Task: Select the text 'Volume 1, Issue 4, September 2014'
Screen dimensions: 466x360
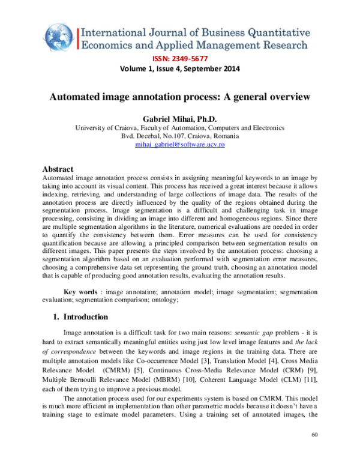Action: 180,68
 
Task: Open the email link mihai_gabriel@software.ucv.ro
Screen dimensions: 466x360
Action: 180,145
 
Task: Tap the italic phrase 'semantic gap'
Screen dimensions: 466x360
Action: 252,331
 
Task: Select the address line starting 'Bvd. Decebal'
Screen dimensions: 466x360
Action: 180,136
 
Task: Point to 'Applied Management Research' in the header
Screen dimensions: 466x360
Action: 231,44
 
